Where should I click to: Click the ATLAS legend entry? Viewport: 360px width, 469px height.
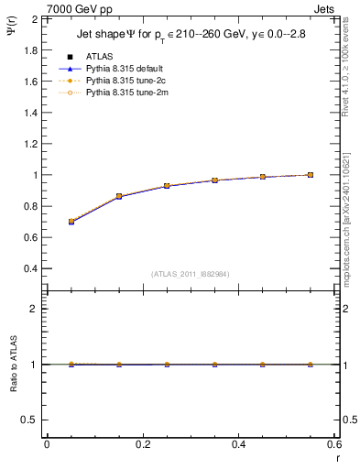coord(99,57)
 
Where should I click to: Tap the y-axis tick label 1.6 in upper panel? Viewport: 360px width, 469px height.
coord(30,82)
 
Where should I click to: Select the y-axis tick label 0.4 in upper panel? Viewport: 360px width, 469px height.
coord(30,268)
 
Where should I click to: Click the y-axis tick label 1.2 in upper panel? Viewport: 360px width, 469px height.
coord(30,144)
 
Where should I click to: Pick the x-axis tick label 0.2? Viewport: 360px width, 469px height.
coord(142,444)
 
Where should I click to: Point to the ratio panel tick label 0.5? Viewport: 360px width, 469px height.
coord(30,420)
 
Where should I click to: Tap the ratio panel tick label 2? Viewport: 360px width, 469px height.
coord(35,310)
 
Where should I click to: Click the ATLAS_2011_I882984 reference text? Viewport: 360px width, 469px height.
coord(190,273)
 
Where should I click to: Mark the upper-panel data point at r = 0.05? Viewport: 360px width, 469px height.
coord(71,222)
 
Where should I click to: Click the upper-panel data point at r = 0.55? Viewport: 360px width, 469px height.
coord(311,175)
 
